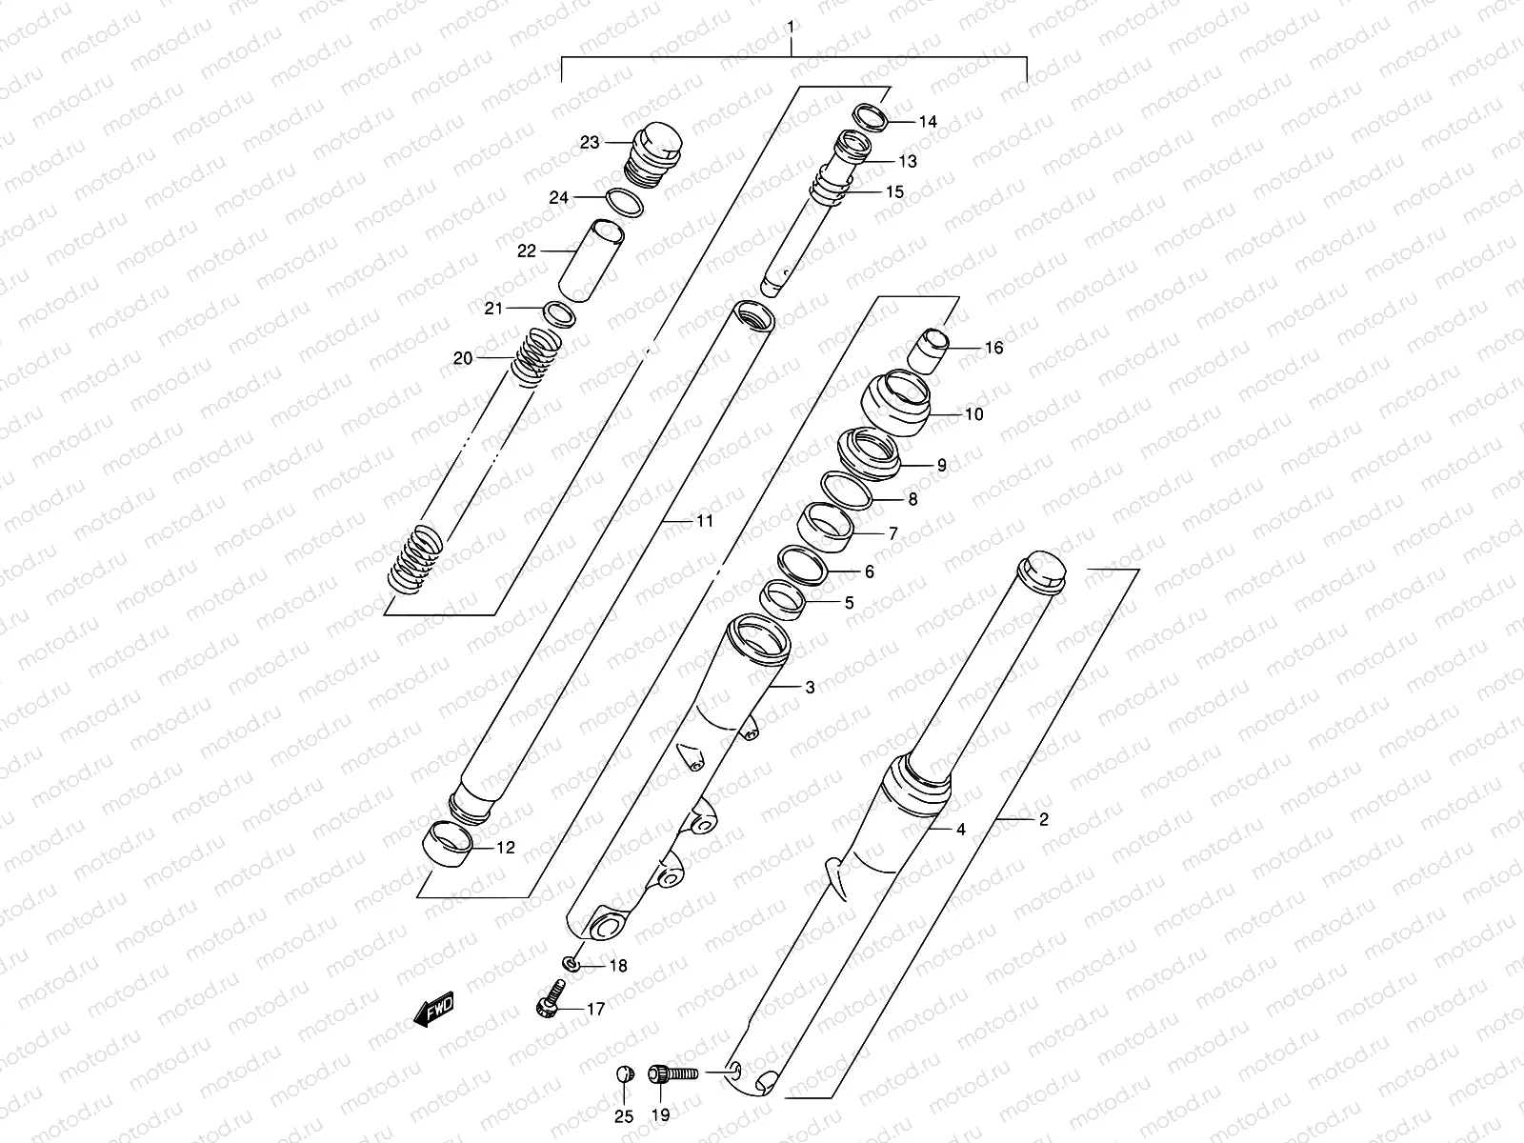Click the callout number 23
591,143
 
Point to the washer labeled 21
559,313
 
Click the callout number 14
928,122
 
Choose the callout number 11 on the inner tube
704,521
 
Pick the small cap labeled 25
623,1074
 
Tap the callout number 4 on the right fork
961,830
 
